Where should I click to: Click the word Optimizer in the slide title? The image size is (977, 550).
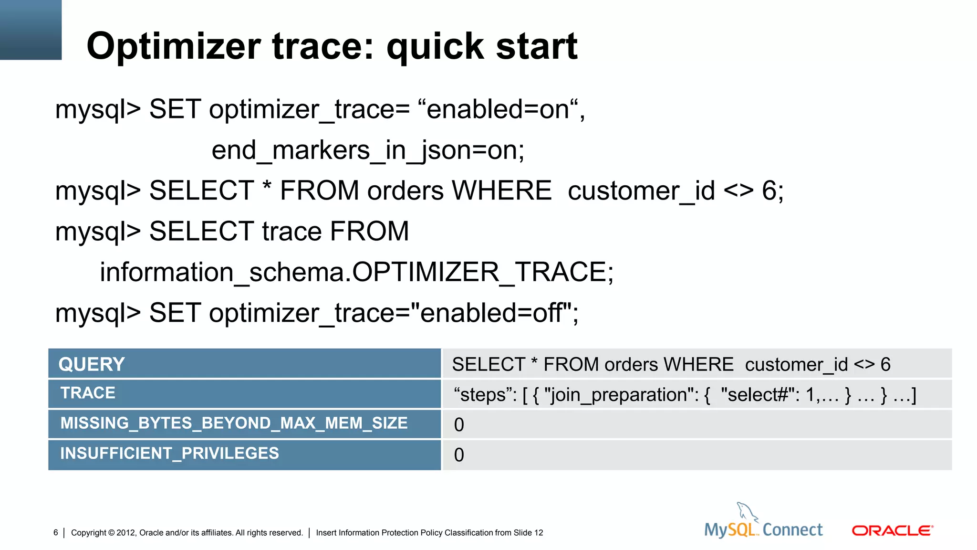tap(174, 47)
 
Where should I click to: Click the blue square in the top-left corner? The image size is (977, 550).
tap(31, 30)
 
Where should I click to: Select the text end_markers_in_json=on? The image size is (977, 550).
tap(368, 151)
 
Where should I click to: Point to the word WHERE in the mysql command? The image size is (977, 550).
tap(502, 191)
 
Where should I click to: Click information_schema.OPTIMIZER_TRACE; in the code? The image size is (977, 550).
tap(356, 273)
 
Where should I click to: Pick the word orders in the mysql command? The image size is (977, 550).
tap(405, 191)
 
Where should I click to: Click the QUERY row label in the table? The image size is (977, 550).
tap(92, 365)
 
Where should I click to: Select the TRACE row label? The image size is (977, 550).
tap(88, 393)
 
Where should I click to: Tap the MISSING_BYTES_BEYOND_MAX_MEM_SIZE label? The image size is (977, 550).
tap(234, 423)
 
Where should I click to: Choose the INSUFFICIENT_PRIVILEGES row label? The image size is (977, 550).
tap(169, 454)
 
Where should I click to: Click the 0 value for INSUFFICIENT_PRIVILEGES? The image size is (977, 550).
tap(459, 455)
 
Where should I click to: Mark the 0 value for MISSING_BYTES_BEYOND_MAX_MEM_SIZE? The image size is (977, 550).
tap(459, 425)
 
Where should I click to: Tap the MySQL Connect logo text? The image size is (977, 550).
tap(763, 530)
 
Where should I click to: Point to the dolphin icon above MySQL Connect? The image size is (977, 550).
tap(747, 512)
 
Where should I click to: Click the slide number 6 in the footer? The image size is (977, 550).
tap(56, 533)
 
